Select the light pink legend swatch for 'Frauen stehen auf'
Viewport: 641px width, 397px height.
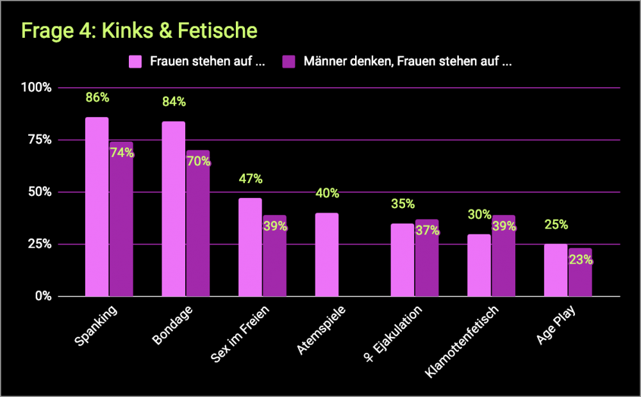click(x=135, y=61)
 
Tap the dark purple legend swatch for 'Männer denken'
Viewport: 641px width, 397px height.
click(x=289, y=61)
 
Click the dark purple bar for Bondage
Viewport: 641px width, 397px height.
click(x=197, y=223)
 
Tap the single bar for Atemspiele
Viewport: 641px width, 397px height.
click(x=326, y=255)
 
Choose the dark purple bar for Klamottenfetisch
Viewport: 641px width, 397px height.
click(x=503, y=256)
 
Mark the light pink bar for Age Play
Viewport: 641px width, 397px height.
click(x=556, y=270)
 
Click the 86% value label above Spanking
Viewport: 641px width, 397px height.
click(x=97, y=98)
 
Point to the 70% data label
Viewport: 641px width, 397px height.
click(x=198, y=161)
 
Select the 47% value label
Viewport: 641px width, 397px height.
click(x=250, y=179)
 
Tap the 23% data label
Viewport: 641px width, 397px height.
click(x=580, y=261)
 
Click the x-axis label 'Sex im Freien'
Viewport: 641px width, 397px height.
click(x=240, y=333)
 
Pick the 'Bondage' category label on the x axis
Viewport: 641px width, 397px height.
click(x=172, y=325)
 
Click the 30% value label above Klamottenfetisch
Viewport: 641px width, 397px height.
click(x=479, y=215)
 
